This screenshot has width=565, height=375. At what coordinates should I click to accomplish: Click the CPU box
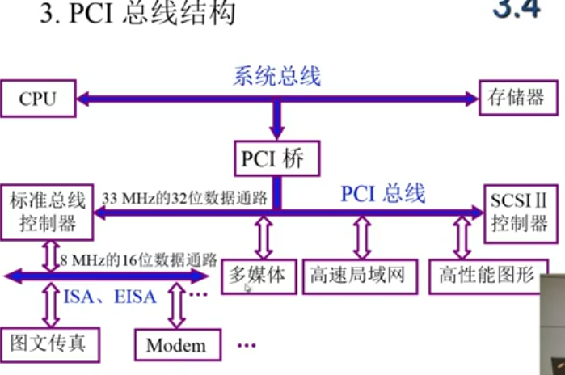coord(38,99)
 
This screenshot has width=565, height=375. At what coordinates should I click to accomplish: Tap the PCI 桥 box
coord(272,158)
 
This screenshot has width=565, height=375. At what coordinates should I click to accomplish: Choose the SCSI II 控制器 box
coord(519,213)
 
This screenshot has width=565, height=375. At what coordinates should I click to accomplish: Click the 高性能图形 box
coord(487,276)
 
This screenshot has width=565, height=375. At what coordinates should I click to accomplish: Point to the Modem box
coord(176,345)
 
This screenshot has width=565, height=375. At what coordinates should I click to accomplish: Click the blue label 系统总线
coord(277,76)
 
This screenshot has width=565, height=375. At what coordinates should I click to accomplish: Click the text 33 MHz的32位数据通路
coord(185,196)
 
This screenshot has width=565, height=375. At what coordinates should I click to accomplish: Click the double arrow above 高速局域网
coord(361,238)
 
